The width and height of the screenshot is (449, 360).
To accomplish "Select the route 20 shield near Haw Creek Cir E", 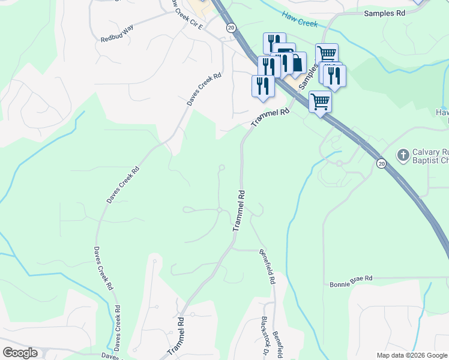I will coord(231,28).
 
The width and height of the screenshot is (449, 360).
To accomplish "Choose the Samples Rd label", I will coord(384,13).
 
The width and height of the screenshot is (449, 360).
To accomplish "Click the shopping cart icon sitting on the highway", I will coord(321,101).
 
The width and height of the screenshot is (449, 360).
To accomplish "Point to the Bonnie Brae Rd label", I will coord(351,279).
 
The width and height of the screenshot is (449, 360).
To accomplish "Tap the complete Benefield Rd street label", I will coord(268,266).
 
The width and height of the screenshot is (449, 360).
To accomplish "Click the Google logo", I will coord(20,353).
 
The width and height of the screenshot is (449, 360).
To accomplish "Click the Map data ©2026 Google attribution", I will coord(412,355).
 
